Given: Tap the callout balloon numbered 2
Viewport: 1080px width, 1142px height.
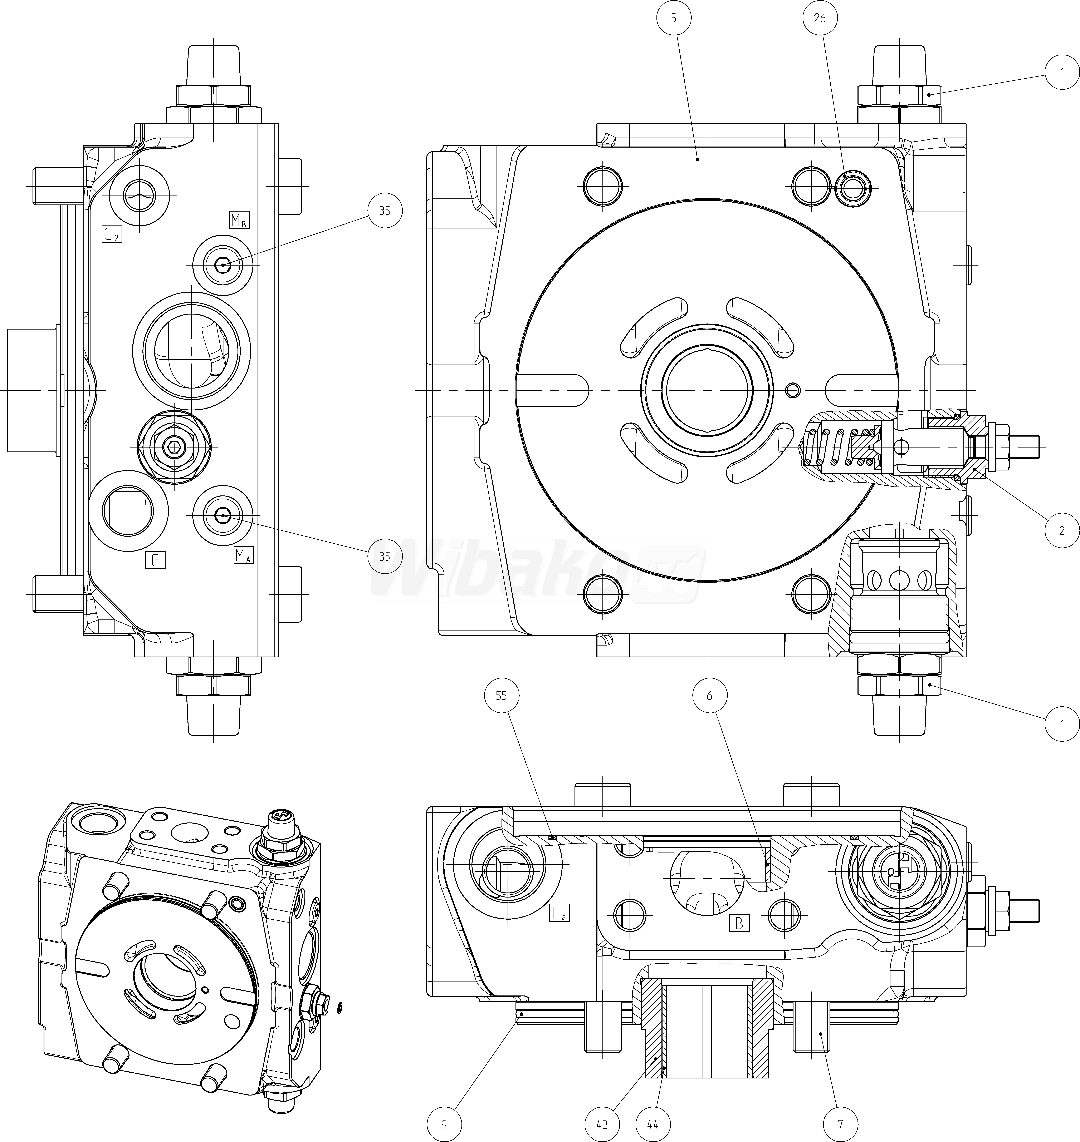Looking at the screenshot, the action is tap(1062, 530).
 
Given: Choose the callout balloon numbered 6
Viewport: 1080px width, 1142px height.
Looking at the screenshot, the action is tap(709, 695).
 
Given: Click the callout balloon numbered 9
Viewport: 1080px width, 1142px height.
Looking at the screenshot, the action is tap(444, 1124).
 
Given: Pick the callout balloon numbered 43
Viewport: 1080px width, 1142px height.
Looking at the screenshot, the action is tap(602, 1124).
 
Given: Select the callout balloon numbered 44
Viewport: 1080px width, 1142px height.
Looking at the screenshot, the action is tap(653, 1124).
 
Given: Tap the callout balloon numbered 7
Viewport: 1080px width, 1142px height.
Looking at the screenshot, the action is tap(840, 1124).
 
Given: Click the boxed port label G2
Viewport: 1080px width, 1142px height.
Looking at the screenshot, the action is tap(112, 233).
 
